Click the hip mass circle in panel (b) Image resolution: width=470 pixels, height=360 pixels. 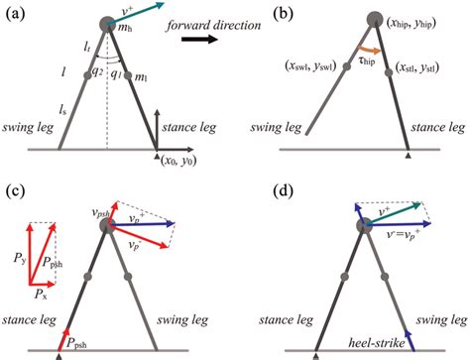click(x=374, y=19)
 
